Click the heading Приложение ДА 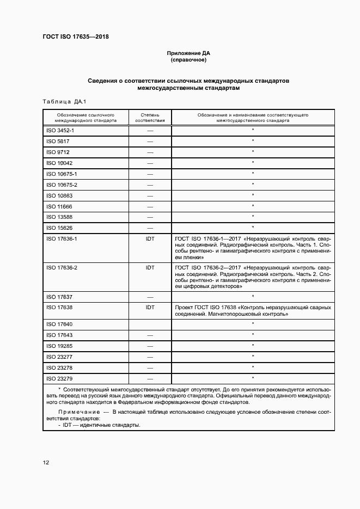(188, 53)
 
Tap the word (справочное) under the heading (188, 60)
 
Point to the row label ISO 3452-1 (60, 131)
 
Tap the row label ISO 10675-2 (62, 185)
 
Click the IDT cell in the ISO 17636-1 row (150, 239)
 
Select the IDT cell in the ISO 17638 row (150, 308)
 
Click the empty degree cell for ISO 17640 (150, 324)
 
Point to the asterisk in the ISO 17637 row (253, 297)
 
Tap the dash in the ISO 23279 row (150, 378)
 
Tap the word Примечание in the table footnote (76, 412)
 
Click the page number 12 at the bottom (46, 463)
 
